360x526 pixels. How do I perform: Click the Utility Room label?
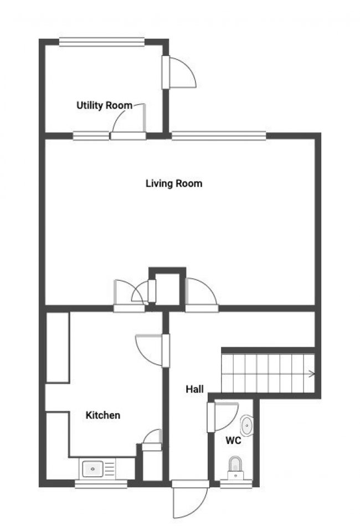click(104, 105)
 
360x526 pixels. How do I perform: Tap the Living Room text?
click(173, 183)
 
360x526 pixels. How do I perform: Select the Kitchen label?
click(103, 415)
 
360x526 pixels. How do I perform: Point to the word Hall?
click(194, 390)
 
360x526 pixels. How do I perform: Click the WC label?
click(233, 441)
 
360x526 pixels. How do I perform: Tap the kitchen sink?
click(93, 470)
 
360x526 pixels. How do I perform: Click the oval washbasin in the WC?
click(247, 425)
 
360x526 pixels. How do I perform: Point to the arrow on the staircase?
click(312, 374)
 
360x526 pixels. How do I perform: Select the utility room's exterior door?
click(178, 72)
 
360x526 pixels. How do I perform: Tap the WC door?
click(224, 416)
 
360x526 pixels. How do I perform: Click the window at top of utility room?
click(101, 41)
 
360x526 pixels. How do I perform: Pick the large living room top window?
click(218, 135)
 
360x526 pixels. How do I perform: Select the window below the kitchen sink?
click(101, 484)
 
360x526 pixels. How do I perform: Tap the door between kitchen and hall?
click(152, 349)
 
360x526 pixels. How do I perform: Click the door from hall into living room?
click(201, 294)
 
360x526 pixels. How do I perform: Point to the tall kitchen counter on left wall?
click(57, 347)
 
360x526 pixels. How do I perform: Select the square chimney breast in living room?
click(167, 287)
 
